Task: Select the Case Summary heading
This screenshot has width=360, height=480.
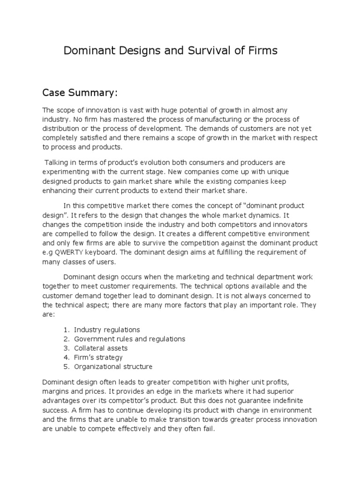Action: click(x=80, y=93)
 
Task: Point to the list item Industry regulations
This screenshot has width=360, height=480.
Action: click(x=107, y=330)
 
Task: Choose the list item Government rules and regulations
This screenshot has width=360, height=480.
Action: click(x=129, y=339)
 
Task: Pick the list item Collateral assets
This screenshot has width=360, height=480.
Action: click(x=101, y=348)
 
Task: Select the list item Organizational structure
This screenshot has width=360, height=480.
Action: click(x=113, y=367)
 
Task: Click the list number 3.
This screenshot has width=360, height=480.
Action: click(x=66, y=348)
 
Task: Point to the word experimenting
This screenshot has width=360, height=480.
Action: click(x=65, y=172)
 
